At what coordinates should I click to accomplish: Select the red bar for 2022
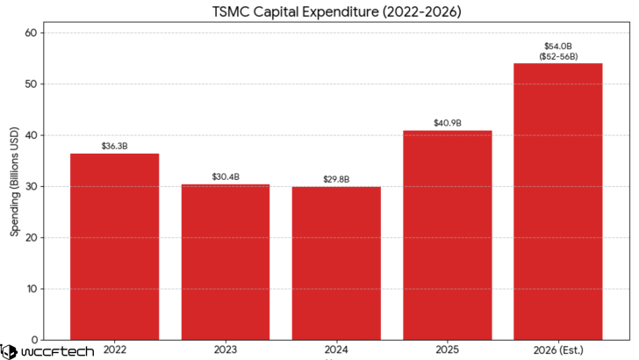point(114,246)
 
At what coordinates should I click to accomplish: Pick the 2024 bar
point(336,263)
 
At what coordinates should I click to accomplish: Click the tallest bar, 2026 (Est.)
point(557,201)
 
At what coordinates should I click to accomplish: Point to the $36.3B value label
point(114,146)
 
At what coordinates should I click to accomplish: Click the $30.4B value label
point(226,176)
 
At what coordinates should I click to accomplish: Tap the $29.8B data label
point(336,179)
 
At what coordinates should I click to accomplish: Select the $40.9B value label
point(447,123)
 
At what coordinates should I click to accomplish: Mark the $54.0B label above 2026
point(557,46)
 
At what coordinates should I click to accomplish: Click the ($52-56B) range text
point(557,55)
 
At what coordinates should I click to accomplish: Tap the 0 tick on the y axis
point(33,340)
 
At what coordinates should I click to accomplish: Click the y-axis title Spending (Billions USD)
point(13,186)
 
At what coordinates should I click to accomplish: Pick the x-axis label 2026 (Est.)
point(557,349)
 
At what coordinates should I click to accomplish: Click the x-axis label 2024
point(336,349)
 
